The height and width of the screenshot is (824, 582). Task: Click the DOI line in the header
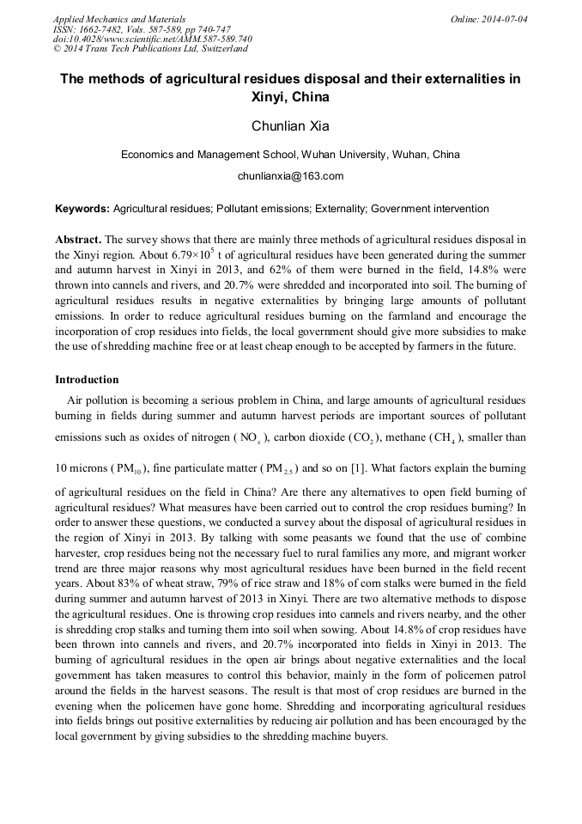pyautogui.click(x=152, y=39)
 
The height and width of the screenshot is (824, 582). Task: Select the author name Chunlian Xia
pyautogui.click(x=290, y=126)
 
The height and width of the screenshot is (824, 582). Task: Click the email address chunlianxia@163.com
pyautogui.click(x=290, y=176)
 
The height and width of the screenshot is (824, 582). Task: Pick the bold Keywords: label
pyautogui.click(x=82, y=209)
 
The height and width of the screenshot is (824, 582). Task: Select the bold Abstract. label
pyautogui.click(x=78, y=239)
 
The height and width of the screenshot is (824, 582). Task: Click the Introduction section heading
pyautogui.click(x=87, y=379)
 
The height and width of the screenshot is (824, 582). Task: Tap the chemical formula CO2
pyautogui.click(x=361, y=438)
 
